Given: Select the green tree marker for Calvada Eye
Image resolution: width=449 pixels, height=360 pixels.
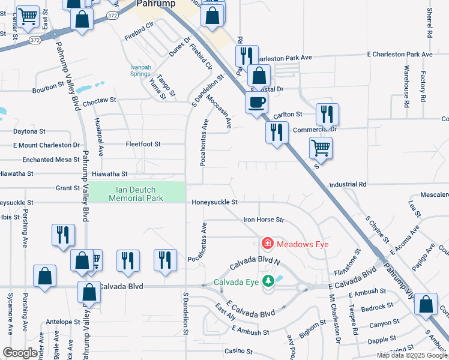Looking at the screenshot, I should point(270,280).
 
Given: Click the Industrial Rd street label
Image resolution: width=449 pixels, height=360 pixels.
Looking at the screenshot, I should point(348,184).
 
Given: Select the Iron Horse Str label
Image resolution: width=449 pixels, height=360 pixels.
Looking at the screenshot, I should point(264,220).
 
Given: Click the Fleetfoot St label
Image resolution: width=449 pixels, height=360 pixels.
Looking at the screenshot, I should point(143,144).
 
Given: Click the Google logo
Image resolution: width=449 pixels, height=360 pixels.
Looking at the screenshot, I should point(20,353).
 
